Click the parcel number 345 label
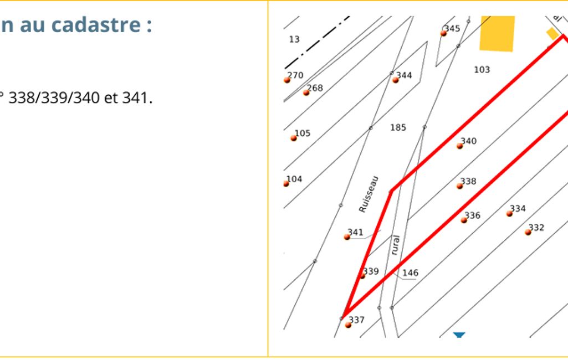(452, 28)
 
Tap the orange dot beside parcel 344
(396, 80)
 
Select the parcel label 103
(482, 70)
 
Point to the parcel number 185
(398, 127)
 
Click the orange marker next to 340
(460, 146)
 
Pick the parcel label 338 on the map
(468, 181)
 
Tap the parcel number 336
(472, 215)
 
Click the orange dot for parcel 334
(509, 214)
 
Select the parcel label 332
(536, 228)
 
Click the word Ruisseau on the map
(369, 194)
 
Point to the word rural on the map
(396, 245)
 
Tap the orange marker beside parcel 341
(347, 237)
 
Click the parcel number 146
(410, 272)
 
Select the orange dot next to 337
(348, 325)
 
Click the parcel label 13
(294, 39)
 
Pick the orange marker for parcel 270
(287, 80)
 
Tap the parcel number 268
(315, 88)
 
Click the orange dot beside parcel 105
(293, 138)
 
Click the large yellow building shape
(498, 33)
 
